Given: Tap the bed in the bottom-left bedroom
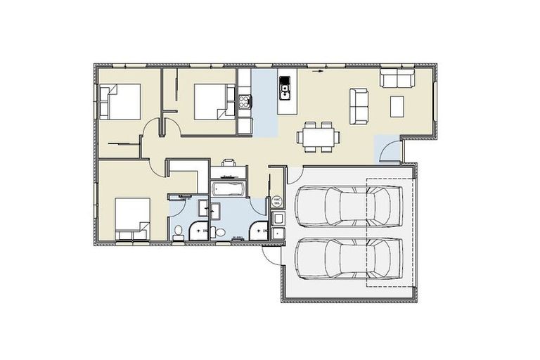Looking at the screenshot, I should [x=131, y=217].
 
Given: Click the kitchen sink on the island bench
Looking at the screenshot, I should [x=286, y=89].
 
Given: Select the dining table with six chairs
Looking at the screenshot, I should [x=317, y=136].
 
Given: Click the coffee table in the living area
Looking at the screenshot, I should [x=397, y=106].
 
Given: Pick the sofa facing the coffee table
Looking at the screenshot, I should [x=359, y=105].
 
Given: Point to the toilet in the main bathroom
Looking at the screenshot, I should [x=219, y=233].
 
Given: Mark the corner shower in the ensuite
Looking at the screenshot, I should [x=199, y=227].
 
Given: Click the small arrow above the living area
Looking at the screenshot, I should [x=318, y=71].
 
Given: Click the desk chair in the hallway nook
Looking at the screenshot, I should [x=229, y=162].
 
